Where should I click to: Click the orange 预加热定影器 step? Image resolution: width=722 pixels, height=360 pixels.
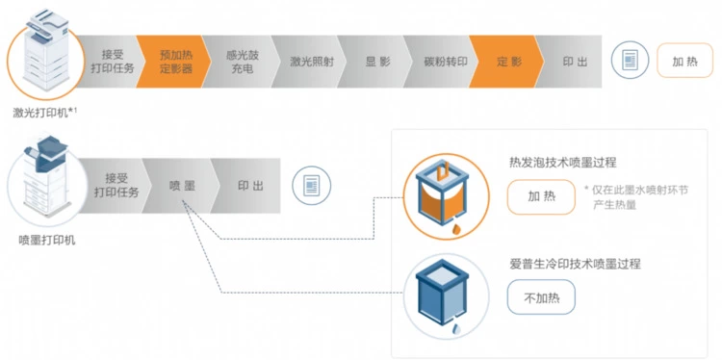pos(174,62)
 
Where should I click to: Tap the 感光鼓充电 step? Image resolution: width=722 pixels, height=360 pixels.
pos(242,62)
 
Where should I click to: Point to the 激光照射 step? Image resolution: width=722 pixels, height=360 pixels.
pos(309,62)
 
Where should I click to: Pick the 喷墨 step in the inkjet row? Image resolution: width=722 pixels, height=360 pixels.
pos(181,186)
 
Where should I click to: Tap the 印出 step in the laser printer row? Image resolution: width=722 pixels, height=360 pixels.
pos(573,62)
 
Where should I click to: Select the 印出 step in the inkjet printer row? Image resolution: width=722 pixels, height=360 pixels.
pos(249,186)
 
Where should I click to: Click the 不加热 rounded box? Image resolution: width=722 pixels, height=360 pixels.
pos(541,296)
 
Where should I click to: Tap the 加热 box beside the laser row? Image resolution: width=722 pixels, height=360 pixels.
pos(684,61)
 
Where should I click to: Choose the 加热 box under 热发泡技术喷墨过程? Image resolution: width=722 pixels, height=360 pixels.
pos(541,196)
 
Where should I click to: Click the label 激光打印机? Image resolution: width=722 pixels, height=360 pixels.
pos(40,113)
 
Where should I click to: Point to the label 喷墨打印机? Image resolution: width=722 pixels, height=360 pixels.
pos(47,240)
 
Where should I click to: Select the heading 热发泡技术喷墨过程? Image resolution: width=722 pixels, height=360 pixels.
pos(563,163)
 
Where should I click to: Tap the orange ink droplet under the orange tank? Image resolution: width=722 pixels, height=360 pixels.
pos(456,229)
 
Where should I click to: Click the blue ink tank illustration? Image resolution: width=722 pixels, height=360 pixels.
pos(442,293)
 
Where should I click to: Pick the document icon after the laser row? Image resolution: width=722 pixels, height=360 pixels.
pos(630,61)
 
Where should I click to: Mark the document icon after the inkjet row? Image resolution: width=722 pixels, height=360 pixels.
pos(312,186)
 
